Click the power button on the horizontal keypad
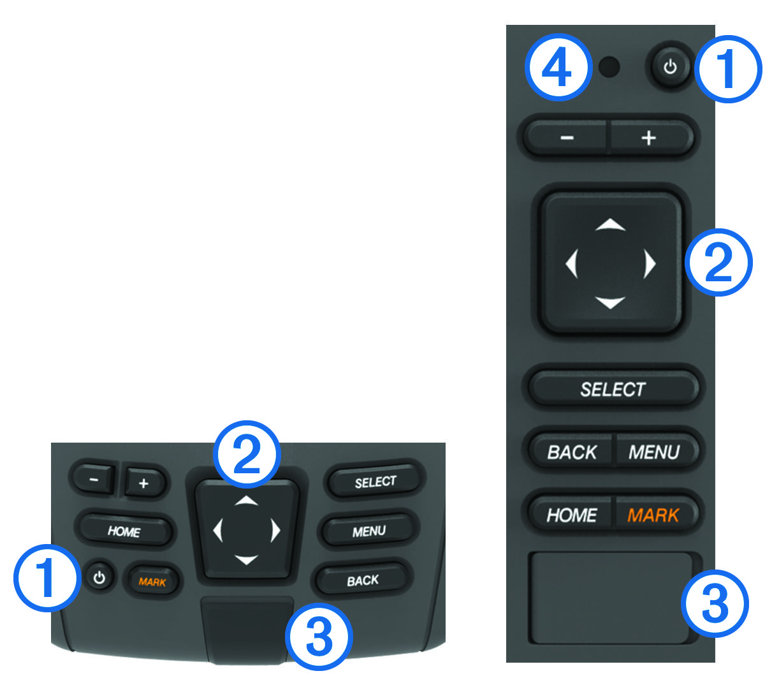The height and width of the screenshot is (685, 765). pos(99,577)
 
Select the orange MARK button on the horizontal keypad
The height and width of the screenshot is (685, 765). pos(152,582)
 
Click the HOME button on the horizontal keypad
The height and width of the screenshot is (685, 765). pos(124,531)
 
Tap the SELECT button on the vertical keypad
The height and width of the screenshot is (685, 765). pos(613,390)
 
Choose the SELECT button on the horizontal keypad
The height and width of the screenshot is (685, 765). pos(375,482)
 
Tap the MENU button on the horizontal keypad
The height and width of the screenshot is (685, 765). pos(369,531)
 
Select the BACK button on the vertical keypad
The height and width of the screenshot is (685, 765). pos(571,452)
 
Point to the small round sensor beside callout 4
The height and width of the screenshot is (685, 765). pos(609,67)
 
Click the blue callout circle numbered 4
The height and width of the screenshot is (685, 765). pos(558,67)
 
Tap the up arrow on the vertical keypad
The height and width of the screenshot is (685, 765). pos(610,225)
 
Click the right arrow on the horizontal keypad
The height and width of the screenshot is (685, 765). pos(275,531)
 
